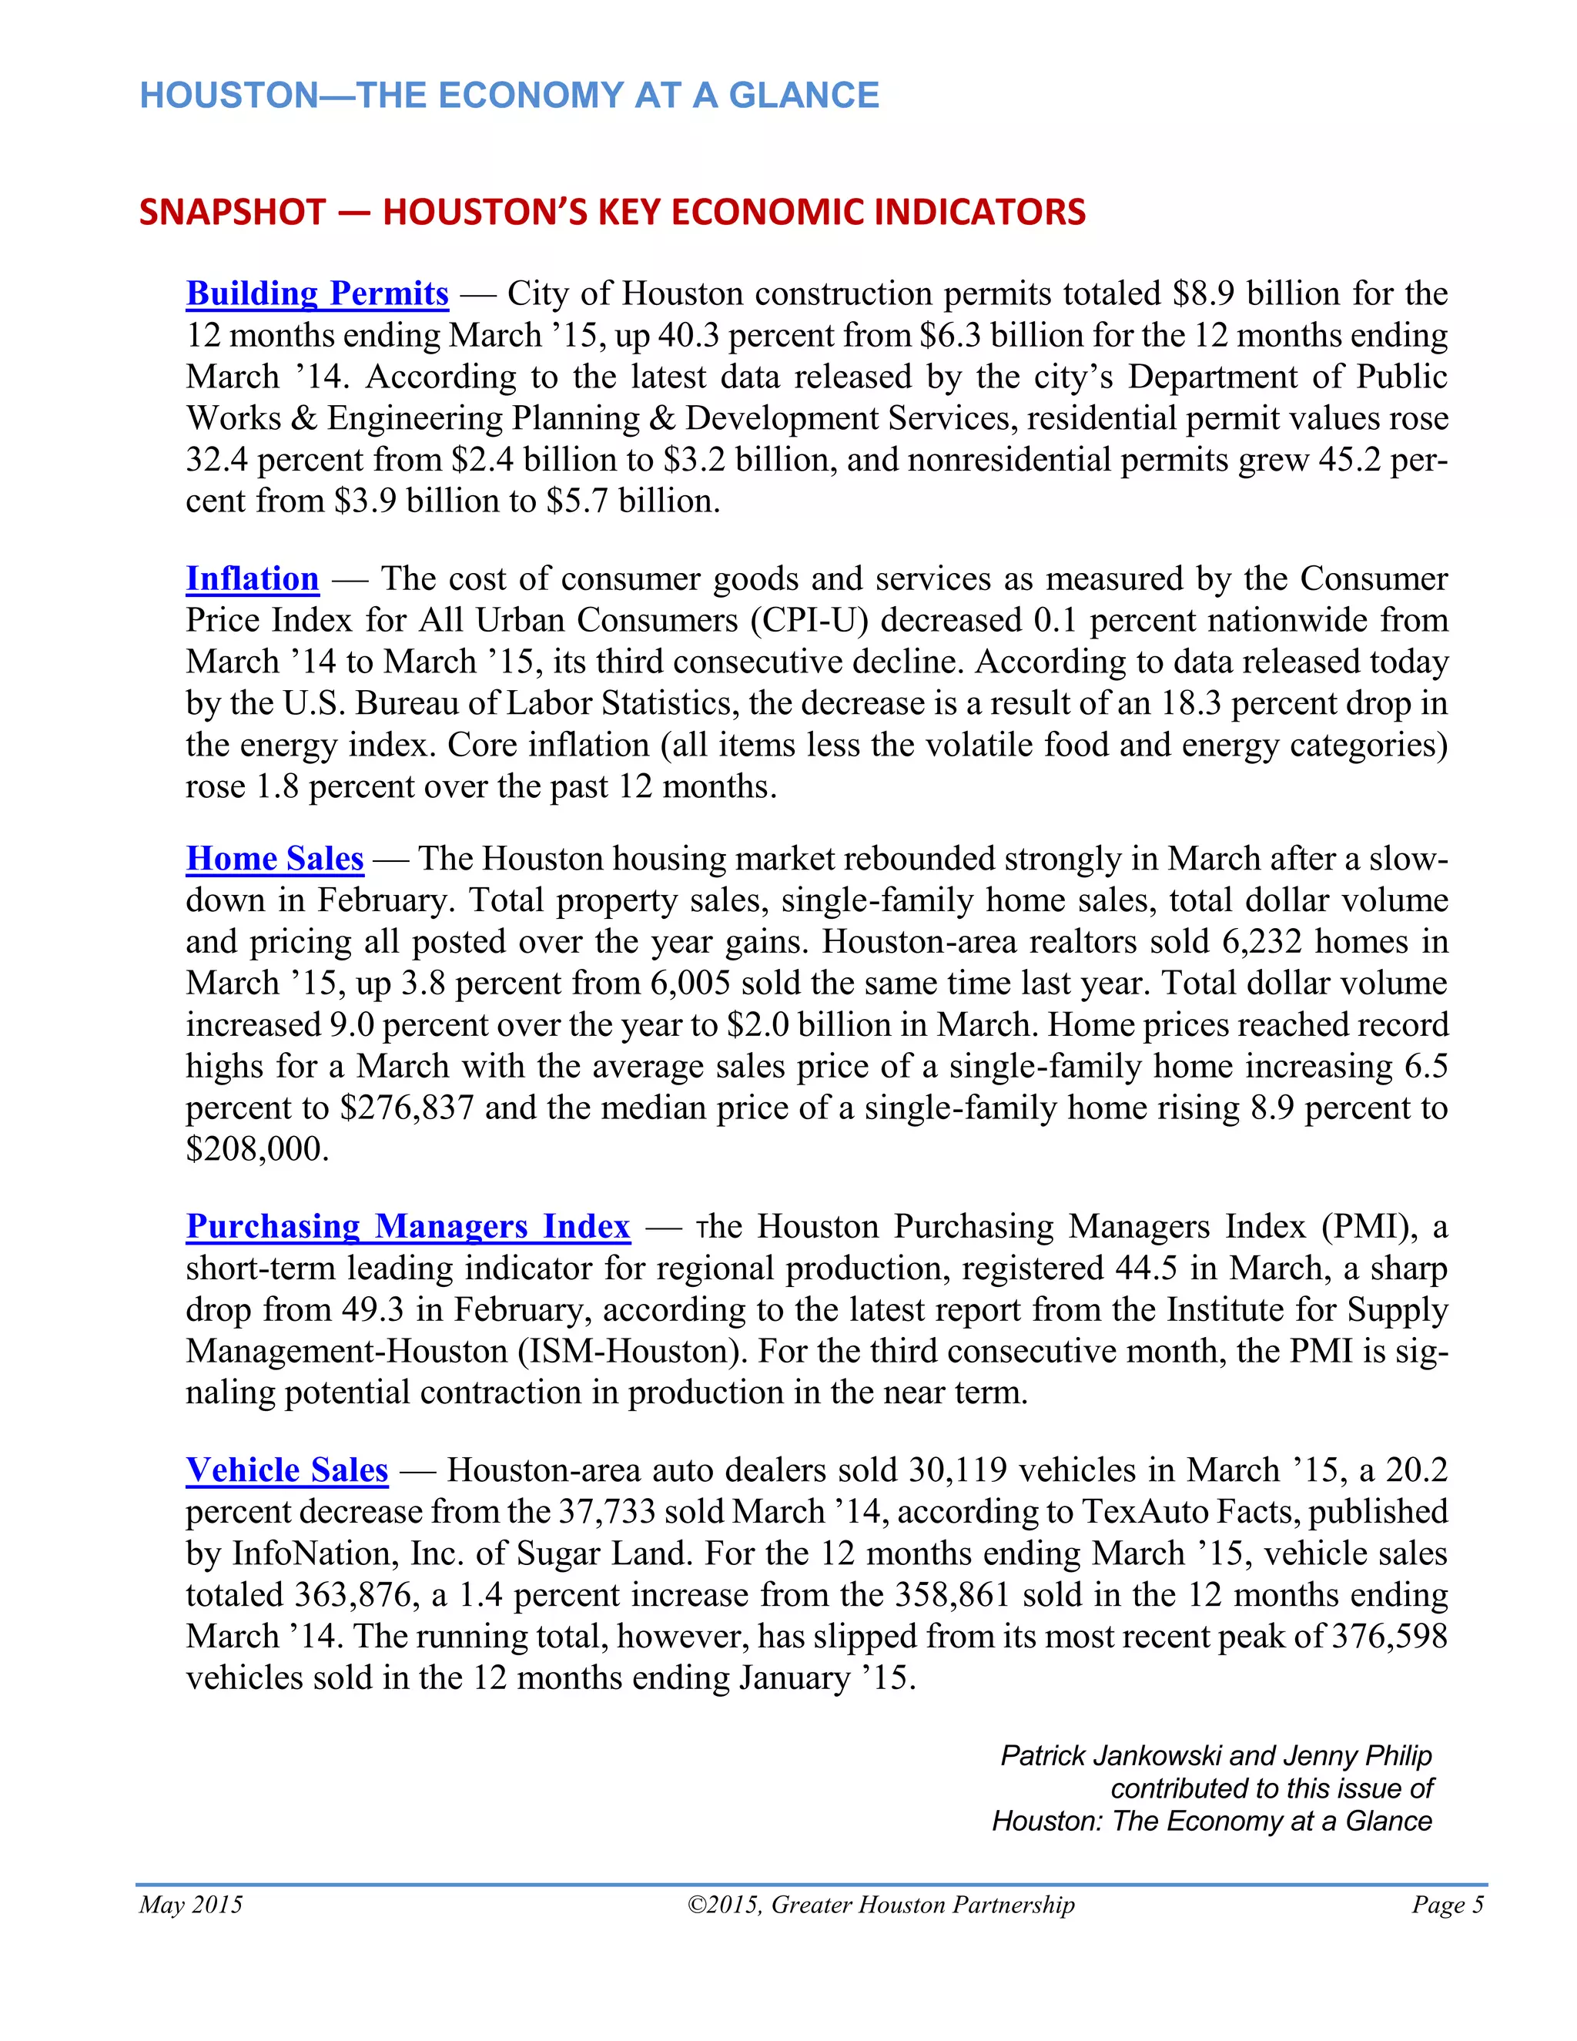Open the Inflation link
[x=253, y=578]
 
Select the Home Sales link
[x=275, y=858]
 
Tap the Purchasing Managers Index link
[x=407, y=1225]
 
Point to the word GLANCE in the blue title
[x=803, y=96]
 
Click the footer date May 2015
[x=191, y=1905]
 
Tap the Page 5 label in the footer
[x=1447, y=1905]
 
